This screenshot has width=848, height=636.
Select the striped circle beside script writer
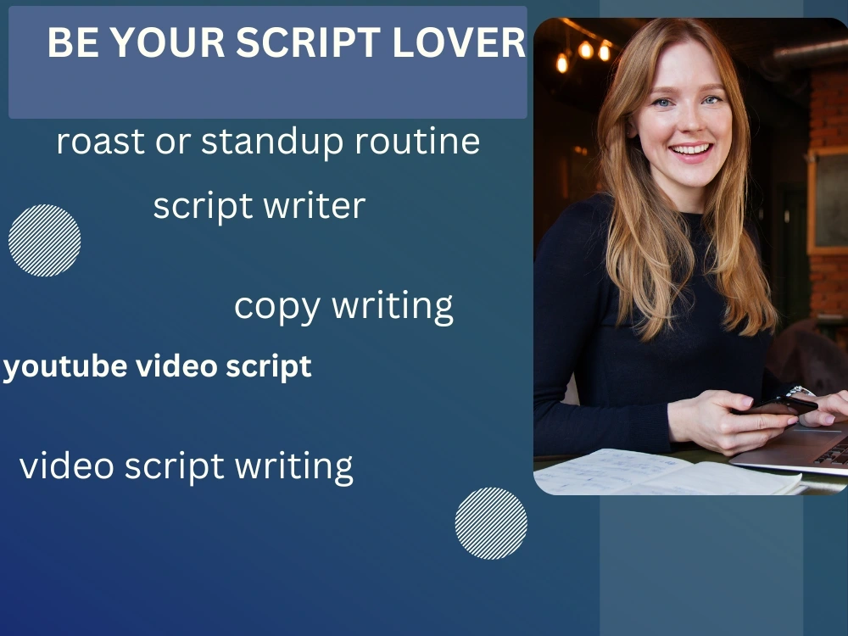tap(45, 240)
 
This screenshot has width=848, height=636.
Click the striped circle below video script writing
tap(491, 523)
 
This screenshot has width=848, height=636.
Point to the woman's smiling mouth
tap(692, 151)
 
